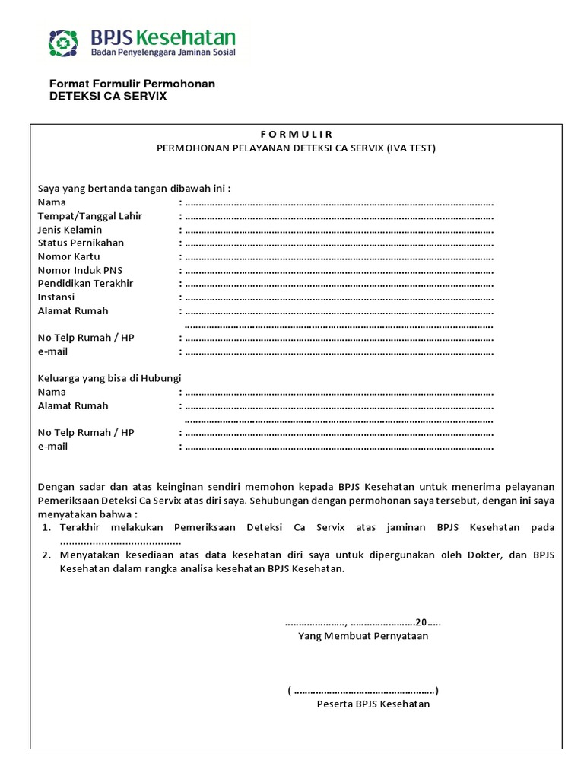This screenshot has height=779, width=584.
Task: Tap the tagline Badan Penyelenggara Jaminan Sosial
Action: tap(163, 53)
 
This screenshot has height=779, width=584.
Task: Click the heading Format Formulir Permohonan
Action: tap(132, 84)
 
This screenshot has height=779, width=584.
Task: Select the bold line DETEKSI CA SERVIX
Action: tap(107, 97)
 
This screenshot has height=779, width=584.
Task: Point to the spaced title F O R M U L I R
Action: tap(296, 135)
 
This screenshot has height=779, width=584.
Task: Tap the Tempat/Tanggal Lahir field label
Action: tap(90, 216)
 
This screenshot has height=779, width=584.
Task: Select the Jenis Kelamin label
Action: tap(70, 230)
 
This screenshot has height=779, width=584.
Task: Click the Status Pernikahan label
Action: tap(81, 243)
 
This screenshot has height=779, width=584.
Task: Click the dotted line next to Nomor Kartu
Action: tap(339, 257)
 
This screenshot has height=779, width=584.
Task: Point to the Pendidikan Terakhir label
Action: tap(85, 283)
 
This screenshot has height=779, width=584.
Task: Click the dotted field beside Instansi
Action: tap(339, 297)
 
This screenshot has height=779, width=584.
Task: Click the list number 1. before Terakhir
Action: tap(46, 527)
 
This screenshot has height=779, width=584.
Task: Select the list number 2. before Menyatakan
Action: tap(46, 555)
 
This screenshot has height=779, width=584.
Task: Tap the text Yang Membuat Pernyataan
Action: tap(363, 636)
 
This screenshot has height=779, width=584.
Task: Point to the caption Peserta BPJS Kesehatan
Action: tap(373, 704)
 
